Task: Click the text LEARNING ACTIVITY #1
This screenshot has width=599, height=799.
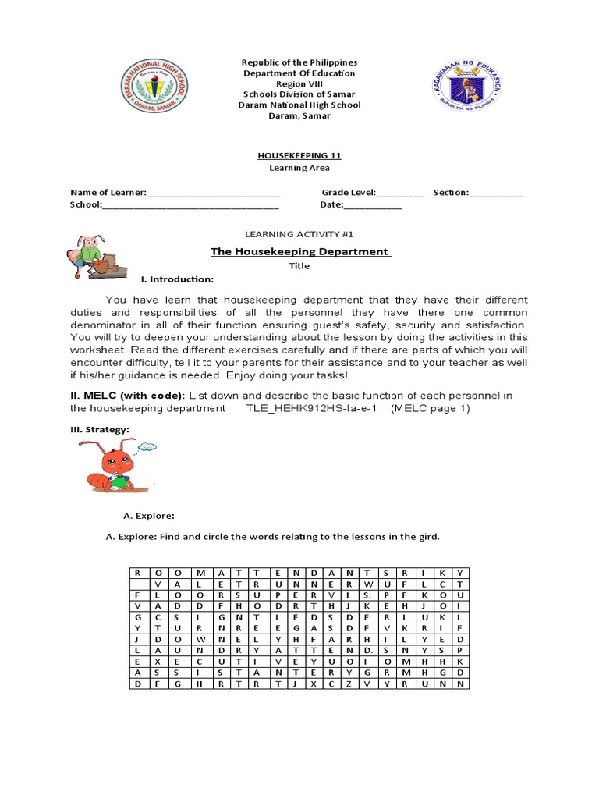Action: pyautogui.click(x=299, y=233)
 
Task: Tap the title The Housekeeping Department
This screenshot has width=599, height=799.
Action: pyautogui.click(x=299, y=251)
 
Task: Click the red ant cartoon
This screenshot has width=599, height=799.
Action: pyautogui.click(x=110, y=468)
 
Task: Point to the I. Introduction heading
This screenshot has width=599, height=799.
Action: pyautogui.click(x=176, y=279)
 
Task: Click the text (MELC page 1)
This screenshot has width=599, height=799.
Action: pyautogui.click(x=431, y=408)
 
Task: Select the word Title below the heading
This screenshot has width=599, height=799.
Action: pyautogui.click(x=299, y=266)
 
